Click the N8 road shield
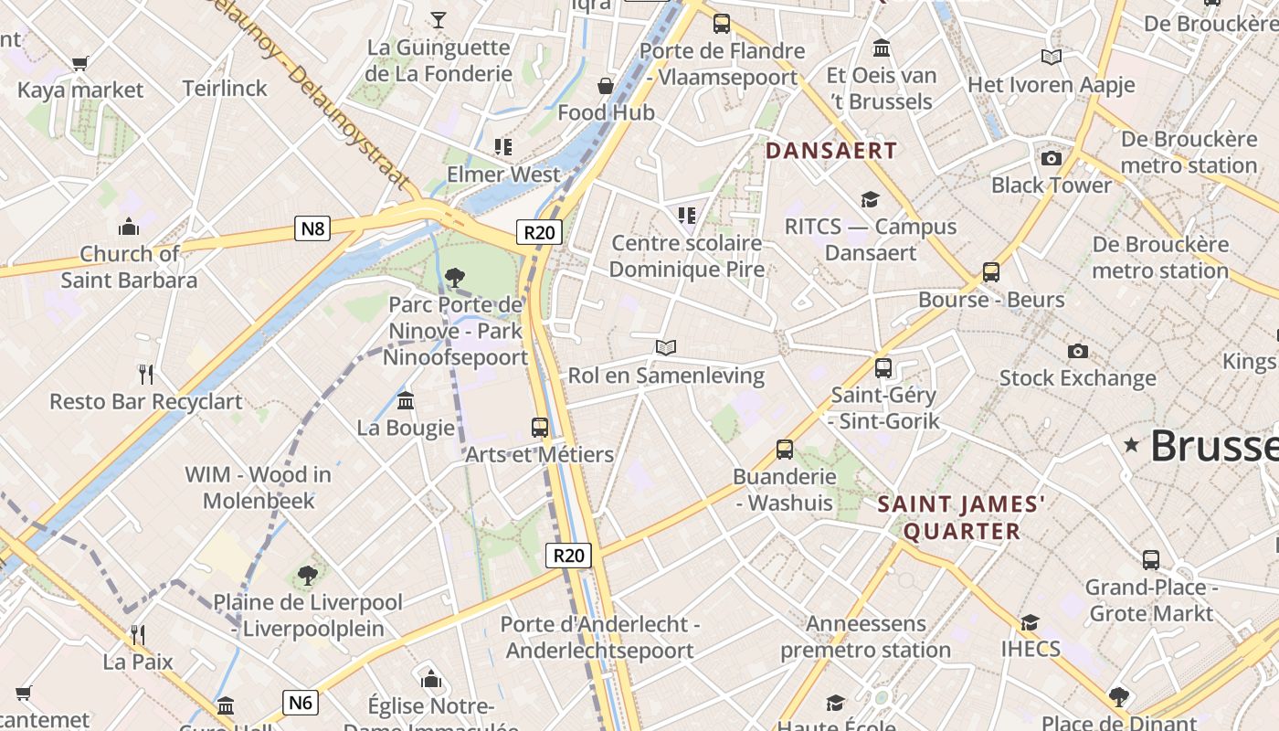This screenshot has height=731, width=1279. tap(312, 228)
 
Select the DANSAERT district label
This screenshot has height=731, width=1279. tap(831, 151)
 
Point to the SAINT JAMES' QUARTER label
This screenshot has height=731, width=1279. tap(961, 517)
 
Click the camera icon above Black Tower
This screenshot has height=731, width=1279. tap(1052, 158)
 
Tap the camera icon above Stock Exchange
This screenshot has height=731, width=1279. tap(1078, 351)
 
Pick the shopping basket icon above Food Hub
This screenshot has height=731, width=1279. tap(606, 86)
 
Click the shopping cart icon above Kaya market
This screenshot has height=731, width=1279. tap(80, 63)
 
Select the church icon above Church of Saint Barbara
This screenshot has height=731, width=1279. tap(129, 226)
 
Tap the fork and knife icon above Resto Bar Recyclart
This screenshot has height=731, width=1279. tap(145, 373)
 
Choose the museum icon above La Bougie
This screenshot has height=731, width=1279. tap(406, 400)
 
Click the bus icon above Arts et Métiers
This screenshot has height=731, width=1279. tap(540, 427)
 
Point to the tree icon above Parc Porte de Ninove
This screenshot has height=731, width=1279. tap(454, 277)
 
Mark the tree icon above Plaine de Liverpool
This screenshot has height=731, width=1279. tap(308, 575)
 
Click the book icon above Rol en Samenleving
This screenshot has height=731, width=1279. tap(666, 347)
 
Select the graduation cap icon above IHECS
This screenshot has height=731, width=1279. tap(1031, 622)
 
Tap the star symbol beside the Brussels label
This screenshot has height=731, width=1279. tap(1132, 445)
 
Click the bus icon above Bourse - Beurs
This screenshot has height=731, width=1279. tap(991, 271)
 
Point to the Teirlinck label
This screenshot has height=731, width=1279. tap(225, 89)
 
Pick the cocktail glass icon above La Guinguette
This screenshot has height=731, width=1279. tap(439, 19)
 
